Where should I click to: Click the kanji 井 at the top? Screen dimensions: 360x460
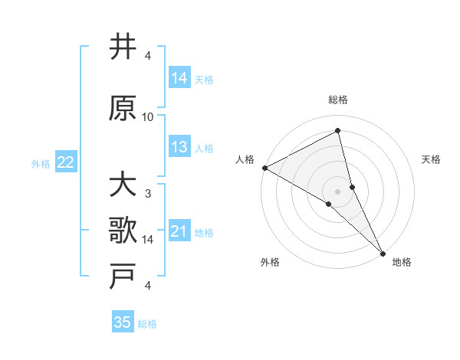click(123, 48)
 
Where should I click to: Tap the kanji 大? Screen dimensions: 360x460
click(123, 186)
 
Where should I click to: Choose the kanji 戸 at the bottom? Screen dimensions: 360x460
click(123, 278)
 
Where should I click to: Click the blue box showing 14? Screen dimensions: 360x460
click(179, 77)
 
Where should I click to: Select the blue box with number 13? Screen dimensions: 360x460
click(179, 147)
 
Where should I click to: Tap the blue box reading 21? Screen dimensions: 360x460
click(179, 232)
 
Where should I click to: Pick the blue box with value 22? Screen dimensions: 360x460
click(66, 162)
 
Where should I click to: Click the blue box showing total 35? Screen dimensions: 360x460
click(123, 322)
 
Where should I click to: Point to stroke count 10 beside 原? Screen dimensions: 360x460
click(148, 117)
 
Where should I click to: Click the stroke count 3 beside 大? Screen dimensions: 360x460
click(148, 194)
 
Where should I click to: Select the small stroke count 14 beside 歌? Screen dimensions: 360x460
click(148, 240)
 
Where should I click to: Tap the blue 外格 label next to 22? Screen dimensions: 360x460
click(41, 163)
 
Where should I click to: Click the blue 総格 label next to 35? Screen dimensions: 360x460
click(147, 324)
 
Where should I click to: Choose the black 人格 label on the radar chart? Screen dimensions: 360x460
click(245, 159)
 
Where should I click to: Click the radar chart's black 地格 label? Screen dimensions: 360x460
click(402, 262)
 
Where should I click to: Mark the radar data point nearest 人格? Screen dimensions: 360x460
click(264, 168)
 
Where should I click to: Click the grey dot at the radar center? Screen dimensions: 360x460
click(338, 191)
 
